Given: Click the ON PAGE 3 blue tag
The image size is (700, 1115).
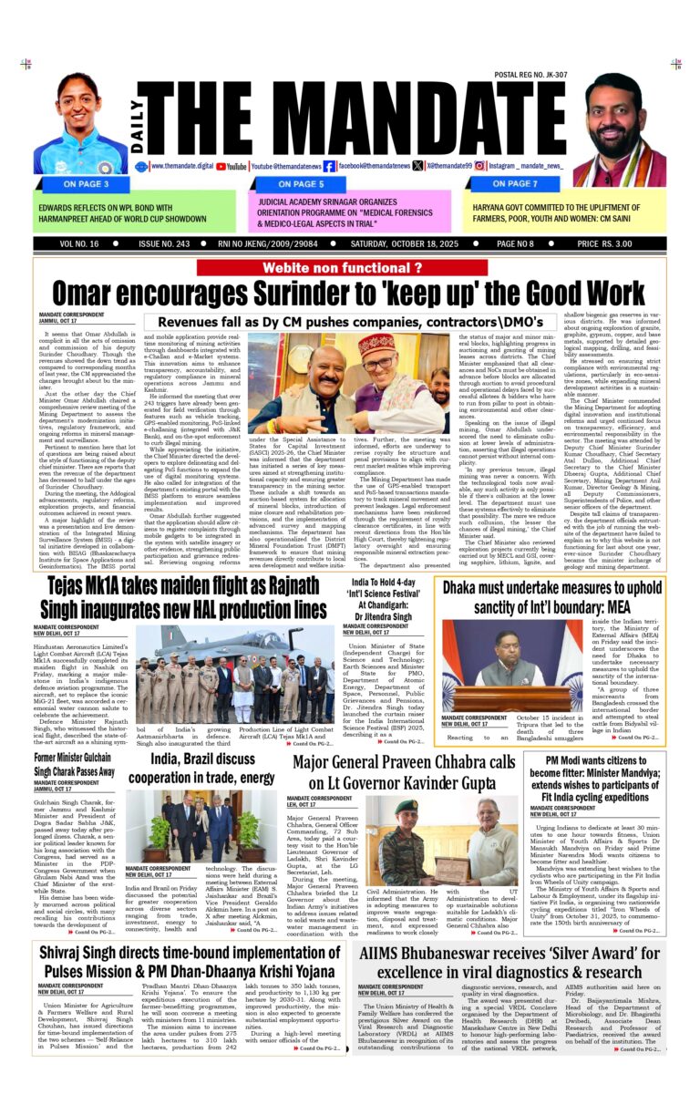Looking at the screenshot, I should tap(88, 183).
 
